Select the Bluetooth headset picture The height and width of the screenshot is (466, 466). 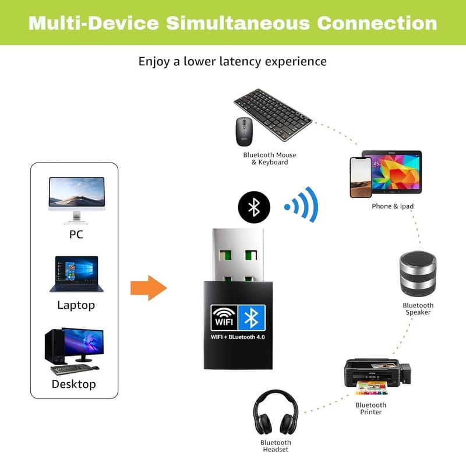click(x=275, y=412)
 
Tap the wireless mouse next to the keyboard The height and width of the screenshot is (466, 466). click(x=243, y=132)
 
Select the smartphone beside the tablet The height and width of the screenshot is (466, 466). click(x=360, y=178)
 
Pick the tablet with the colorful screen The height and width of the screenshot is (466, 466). click(x=391, y=172)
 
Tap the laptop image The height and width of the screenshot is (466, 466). click(x=76, y=274)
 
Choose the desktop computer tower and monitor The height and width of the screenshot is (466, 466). click(x=74, y=350)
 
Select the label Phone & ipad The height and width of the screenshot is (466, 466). click(x=393, y=206)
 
